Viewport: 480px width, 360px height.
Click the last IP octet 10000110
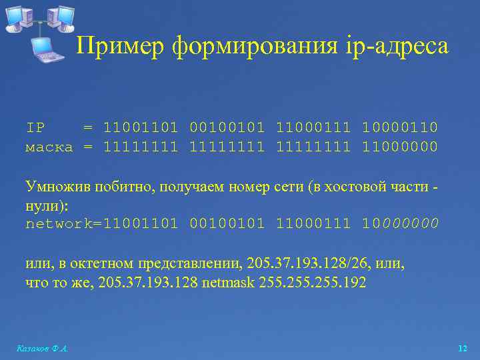click(x=400, y=127)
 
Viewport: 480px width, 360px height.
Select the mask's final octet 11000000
click(x=400, y=146)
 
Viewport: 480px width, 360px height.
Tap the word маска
click(x=49, y=146)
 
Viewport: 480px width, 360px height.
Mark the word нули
click(x=42, y=205)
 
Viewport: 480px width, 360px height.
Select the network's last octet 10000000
click(x=400, y=224)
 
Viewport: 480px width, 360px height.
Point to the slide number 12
click(x=463, y=349)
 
